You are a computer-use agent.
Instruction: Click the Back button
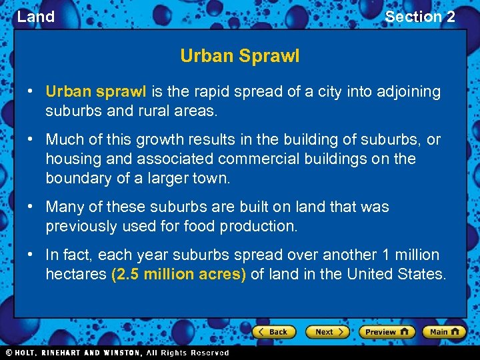click(x=273, y=331)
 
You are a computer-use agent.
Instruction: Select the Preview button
click(x=387, y=331)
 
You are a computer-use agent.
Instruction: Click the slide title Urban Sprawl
click(x=239, y=56)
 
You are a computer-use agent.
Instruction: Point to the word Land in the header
click(x=36, y=17)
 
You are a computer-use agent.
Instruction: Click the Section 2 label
click(x=420, y=17)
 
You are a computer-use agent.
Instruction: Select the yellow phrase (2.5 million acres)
click(x=179, y=274)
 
